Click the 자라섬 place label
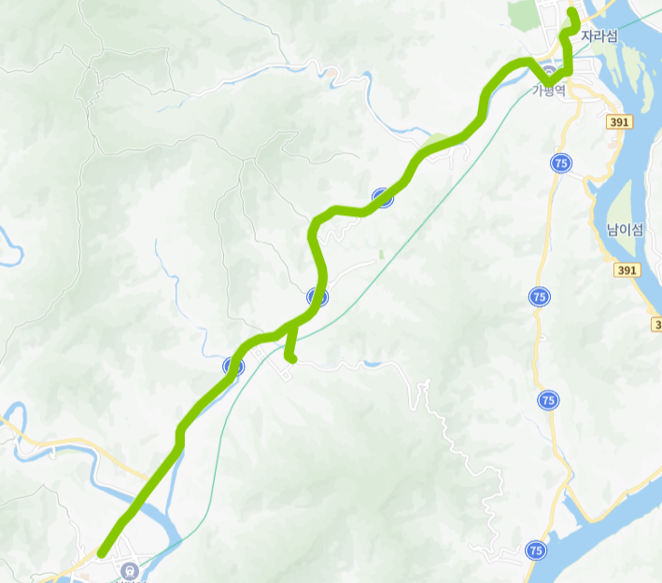(x=599, y=36)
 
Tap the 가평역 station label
(x=550, y=90)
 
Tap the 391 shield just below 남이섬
(x=627, y=270)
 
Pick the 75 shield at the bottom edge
(x=536, y=549)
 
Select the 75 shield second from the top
(x=539, y=297)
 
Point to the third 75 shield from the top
(x=548, y=400)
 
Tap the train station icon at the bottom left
(x=128, y=570)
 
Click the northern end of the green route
(x=572, y=11)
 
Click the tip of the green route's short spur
(x=292, y=357)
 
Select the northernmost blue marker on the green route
(x=382, y=197)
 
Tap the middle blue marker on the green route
(x=317, y=298)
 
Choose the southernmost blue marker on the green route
(x=233, y=367)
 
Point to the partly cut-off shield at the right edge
(x=656, y=324)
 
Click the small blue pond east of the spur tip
(x=373, y=362)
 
